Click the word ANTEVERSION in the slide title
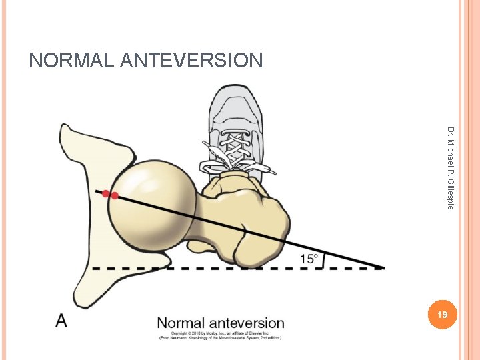pos(192,61)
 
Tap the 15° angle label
pos(308,259)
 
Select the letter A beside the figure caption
pos(61,321)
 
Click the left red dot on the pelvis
pos(105,193)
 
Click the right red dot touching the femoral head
pos(115,196)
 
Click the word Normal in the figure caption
pos(180,324)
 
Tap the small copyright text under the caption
pos(220,336)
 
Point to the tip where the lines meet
pos(384,268)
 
